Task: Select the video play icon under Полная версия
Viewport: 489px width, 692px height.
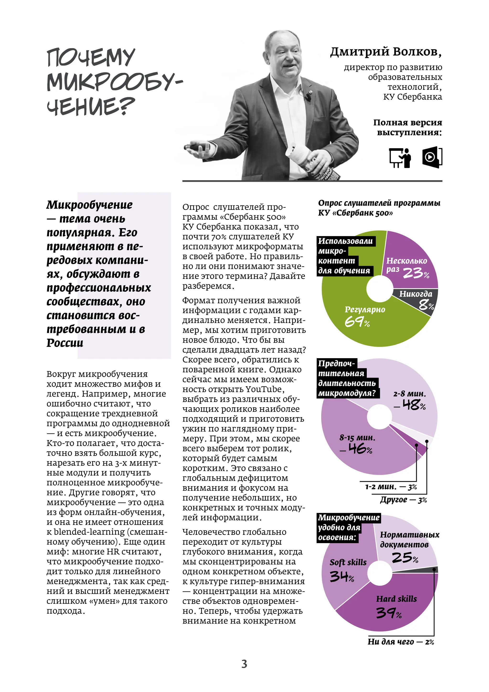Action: coord(432,157)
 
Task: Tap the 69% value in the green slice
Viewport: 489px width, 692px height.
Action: coord(357,322)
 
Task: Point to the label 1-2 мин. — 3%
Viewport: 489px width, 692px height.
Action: coord(391,487)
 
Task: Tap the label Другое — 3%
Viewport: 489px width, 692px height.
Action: coord(403,500)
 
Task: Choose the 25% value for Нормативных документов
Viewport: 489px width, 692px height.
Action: coord(405,557)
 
